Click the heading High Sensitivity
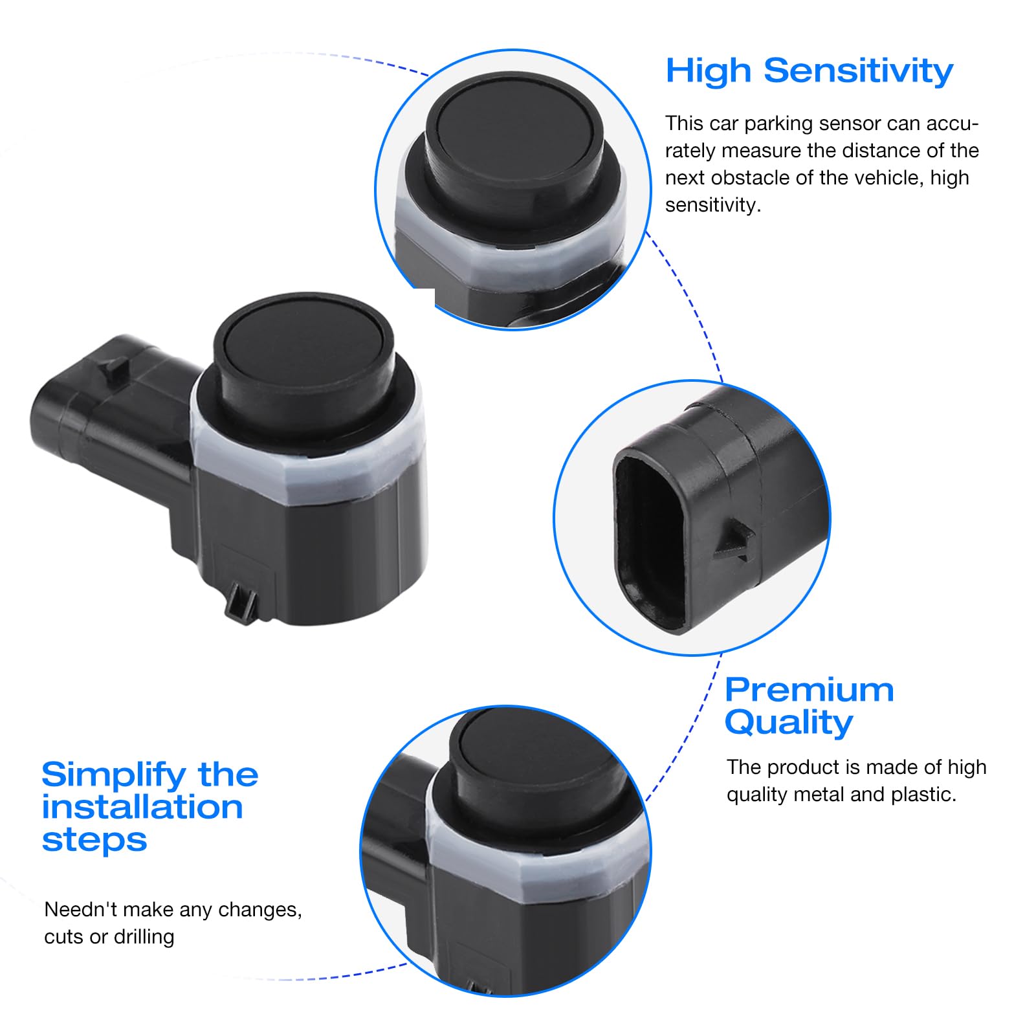(810, 71)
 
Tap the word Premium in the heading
(810, 690)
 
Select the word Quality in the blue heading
(789, 723)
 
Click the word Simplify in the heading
(113, 775)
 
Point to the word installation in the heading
(142, 808)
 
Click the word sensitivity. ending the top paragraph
(713, 206)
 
